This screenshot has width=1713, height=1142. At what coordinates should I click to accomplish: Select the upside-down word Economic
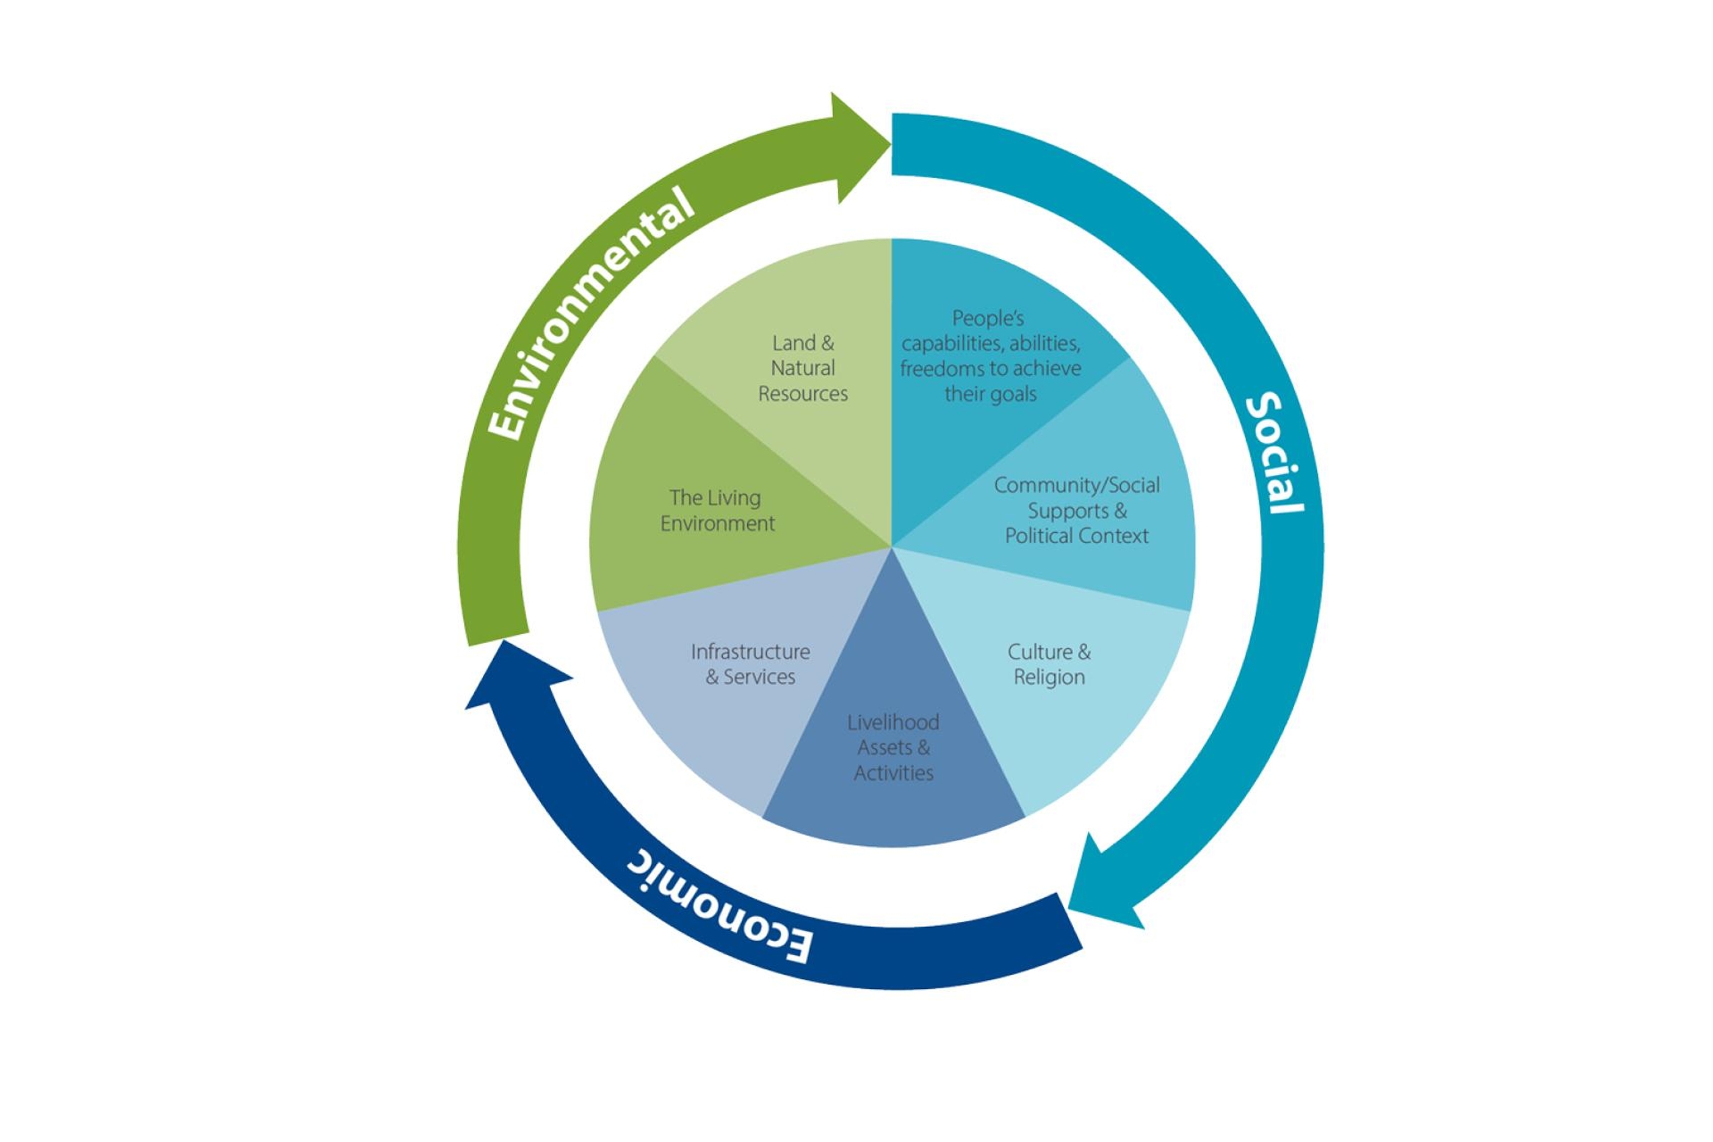pos(718,910)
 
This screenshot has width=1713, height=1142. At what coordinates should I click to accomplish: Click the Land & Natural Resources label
pos(803,368)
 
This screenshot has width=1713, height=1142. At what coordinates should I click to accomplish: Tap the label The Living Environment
pos(716,510)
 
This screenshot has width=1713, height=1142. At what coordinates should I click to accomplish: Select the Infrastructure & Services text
pos(750,664)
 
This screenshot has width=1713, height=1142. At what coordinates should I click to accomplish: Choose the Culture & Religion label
pos(1048,664)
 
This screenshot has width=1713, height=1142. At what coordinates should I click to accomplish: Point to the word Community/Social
pos(1076,485)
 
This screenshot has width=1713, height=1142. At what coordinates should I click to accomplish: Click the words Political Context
pos(1076,536)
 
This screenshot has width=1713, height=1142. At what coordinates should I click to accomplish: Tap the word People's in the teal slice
pos(988,318)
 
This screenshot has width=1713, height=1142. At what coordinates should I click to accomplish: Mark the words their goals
pos(989,394)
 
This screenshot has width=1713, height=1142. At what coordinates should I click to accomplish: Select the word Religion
pos(1048,677)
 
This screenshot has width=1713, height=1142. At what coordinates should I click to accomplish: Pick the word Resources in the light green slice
pos(803,394)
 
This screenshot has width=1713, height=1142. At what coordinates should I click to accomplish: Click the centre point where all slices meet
pos(891,546)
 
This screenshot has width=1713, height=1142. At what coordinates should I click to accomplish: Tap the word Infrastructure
pos(750,651)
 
